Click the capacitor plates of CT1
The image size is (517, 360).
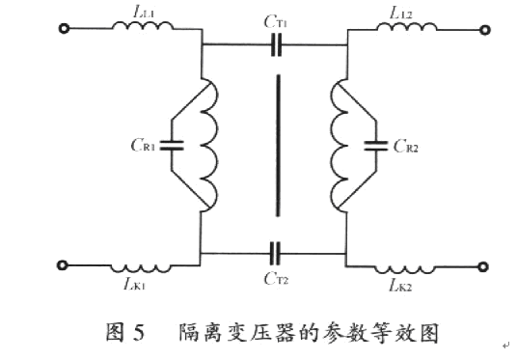tap(276, 43)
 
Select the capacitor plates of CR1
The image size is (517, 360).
tap(172, 147)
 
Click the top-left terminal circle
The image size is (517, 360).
tap(65, 29)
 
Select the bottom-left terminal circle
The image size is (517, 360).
tap(65, 263)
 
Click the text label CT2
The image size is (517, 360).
tap(279, 276)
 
